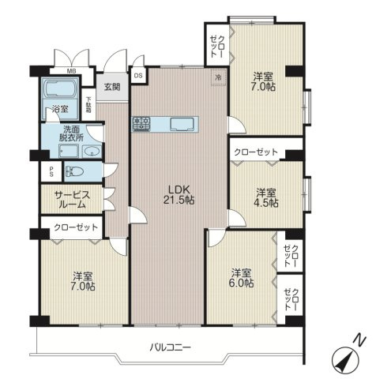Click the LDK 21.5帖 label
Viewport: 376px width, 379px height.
179,194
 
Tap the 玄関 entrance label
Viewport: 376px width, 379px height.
112,87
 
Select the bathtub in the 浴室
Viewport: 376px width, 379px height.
59,89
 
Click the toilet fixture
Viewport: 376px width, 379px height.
74,172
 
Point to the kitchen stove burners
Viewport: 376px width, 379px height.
141,124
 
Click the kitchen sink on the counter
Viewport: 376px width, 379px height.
182,124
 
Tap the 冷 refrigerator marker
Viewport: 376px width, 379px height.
218,77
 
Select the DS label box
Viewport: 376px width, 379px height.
138,76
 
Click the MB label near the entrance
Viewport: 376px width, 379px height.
71,70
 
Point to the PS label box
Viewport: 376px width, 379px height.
51,171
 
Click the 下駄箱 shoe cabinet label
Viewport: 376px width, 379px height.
88,105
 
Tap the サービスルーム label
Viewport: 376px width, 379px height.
72,200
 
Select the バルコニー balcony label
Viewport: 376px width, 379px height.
171,347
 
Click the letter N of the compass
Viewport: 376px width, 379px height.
359,340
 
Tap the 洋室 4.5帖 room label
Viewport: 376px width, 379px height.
267,197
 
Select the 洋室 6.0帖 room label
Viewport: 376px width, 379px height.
241,278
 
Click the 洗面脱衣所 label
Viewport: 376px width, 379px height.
72,133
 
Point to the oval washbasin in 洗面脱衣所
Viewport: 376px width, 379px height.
92,152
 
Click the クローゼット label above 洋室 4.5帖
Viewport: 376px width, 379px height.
256,152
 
